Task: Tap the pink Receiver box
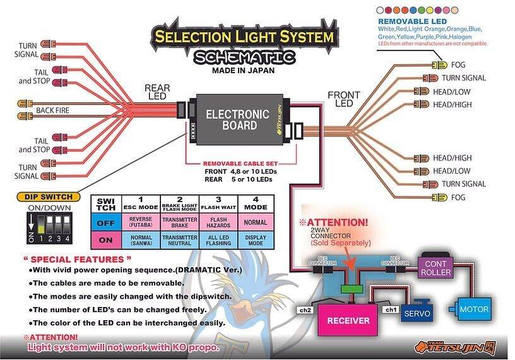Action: [348, 320]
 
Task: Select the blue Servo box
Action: [417, 313]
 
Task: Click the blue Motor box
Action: [473, 309]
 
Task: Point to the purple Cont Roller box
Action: [436, 268]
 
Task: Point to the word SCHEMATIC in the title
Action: [244, 57]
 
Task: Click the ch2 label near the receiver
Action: [305, 311]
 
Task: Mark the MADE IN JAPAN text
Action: [244, 71]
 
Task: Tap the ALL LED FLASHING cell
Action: [218, 241]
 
